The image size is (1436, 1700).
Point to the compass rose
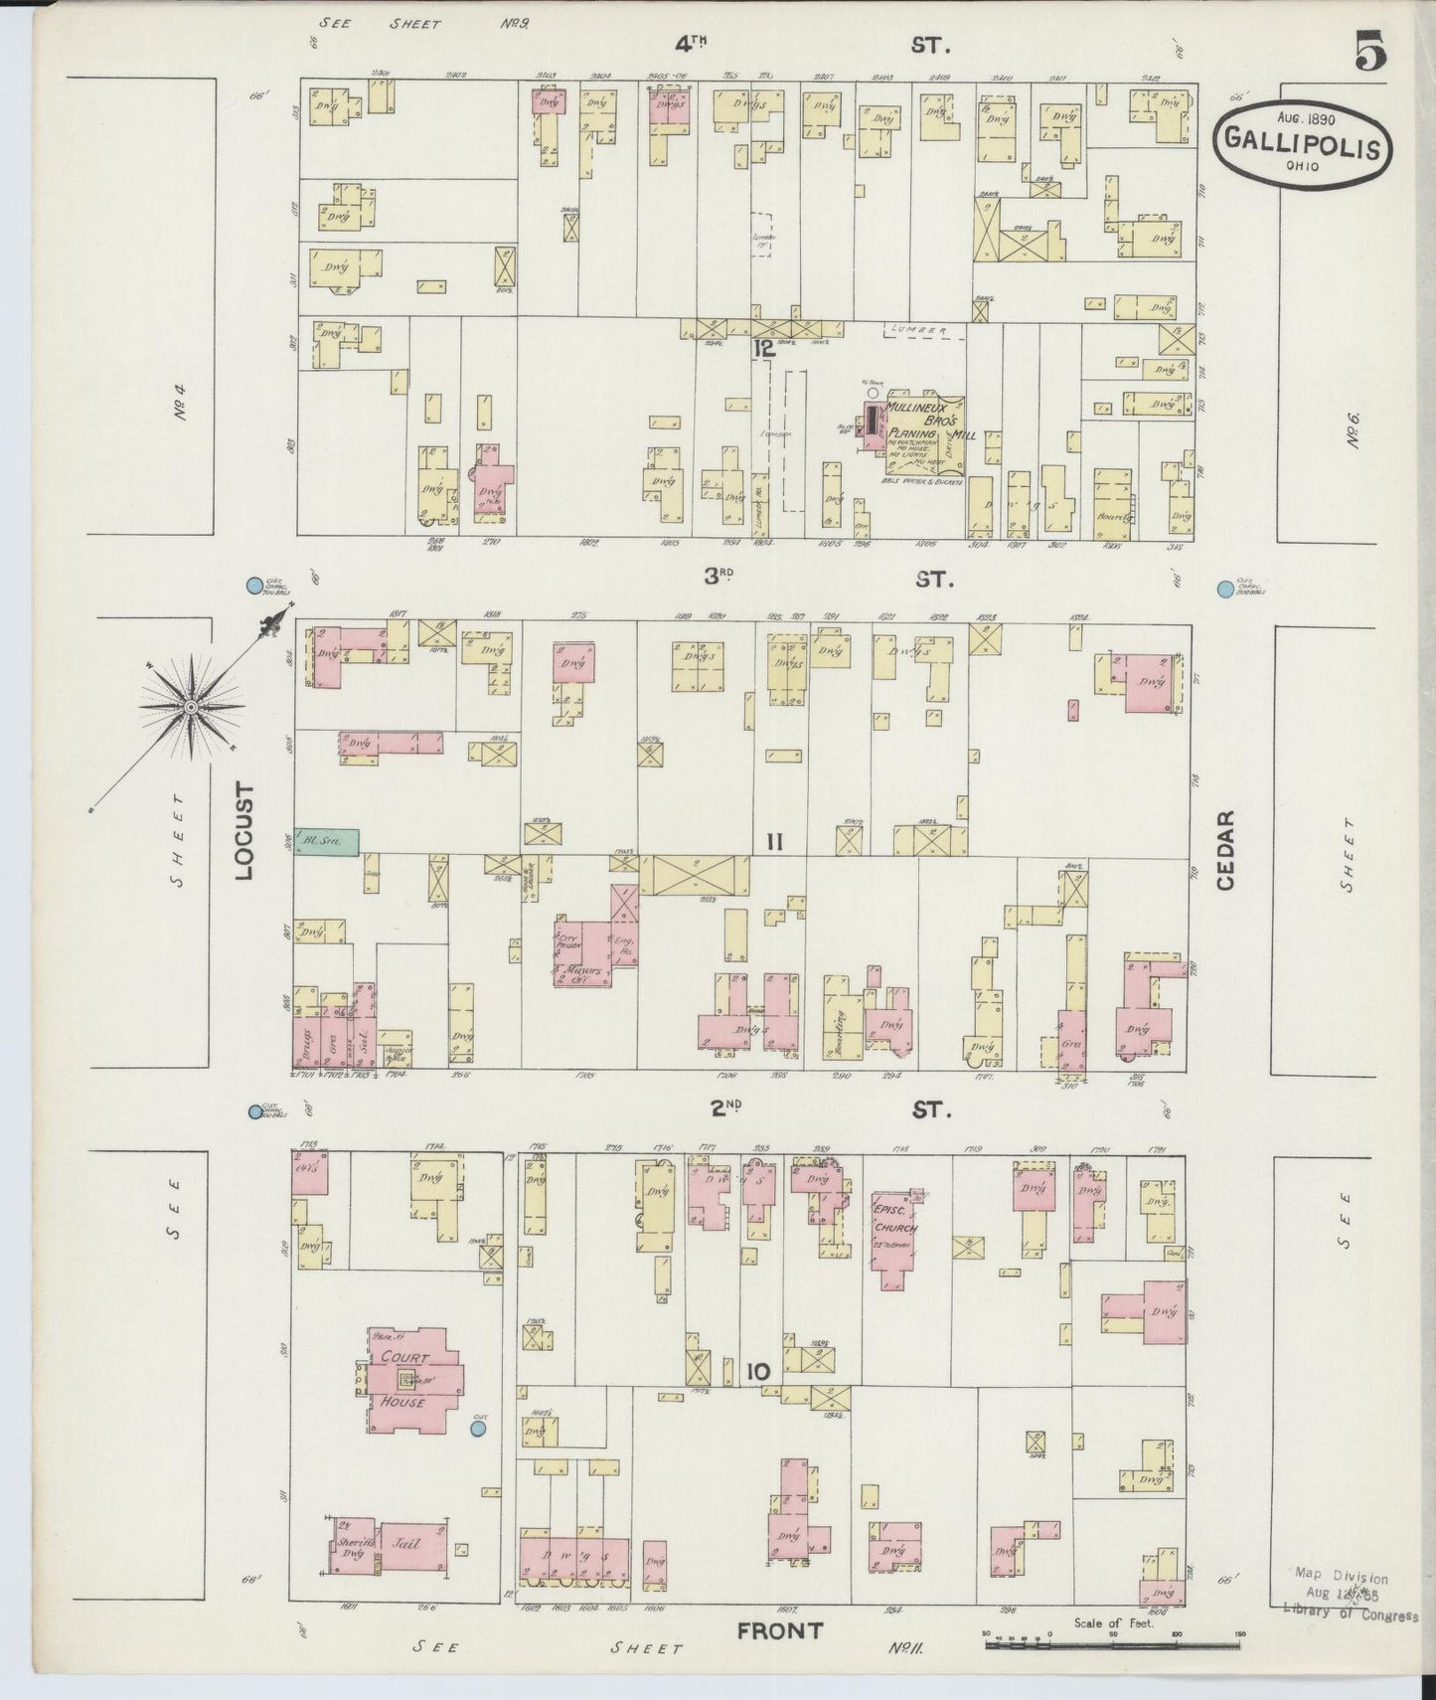(x=190, y=707)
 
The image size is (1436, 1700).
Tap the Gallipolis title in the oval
(x=1301, y=147)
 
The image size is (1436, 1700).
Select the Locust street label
(x=243, y=831)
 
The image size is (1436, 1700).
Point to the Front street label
(x=780, y=1630)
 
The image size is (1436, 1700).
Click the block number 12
(x=763, y=347)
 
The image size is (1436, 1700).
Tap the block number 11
(x=775, y=843)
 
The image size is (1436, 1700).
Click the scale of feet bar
(x=1113, y=1645)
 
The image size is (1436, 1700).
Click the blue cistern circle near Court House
(x=477, y=1429)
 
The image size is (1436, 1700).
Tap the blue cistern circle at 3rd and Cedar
(x=1224, y=590)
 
